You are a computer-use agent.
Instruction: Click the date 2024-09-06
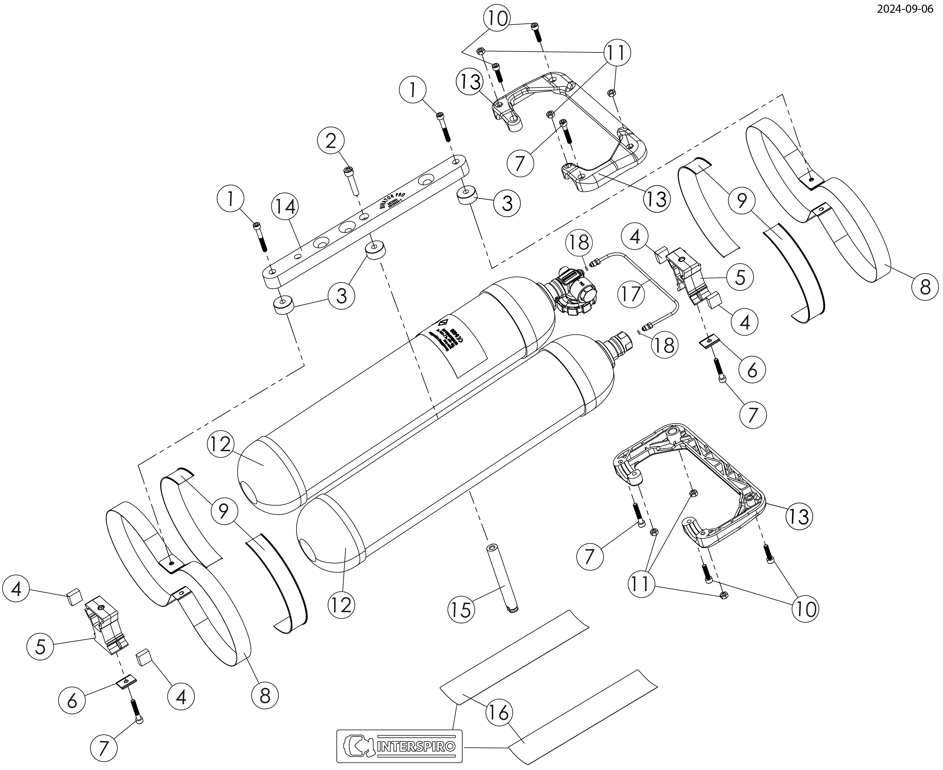click(911, 10)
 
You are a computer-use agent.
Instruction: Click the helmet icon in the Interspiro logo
click(361, 746)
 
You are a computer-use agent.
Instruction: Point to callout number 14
click(285, 206)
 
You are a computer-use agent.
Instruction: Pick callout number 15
click(461, 610)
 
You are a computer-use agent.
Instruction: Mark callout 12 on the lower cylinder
click(342, 605)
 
